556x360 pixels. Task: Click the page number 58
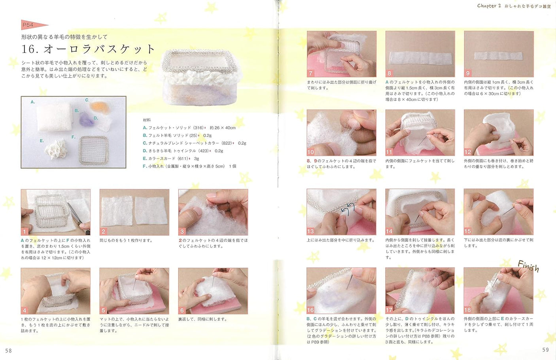pos(8,351)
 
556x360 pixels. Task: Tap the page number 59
pos(545,350)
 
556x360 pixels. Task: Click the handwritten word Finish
pos(528,267)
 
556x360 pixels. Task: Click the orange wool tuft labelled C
pos(97,106)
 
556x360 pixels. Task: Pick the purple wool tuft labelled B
pos(85,119)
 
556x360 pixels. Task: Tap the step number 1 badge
pos(25,232)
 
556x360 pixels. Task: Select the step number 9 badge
pos(468,74)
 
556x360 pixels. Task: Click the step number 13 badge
pos(310,231)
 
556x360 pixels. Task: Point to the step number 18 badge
pos(468,310)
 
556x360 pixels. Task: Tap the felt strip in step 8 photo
pos(420,58)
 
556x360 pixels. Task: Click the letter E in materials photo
pos(42,141)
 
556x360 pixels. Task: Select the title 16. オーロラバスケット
pos(89,49)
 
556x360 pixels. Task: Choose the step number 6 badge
pos(182,310)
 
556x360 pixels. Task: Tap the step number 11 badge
pos(389,152)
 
